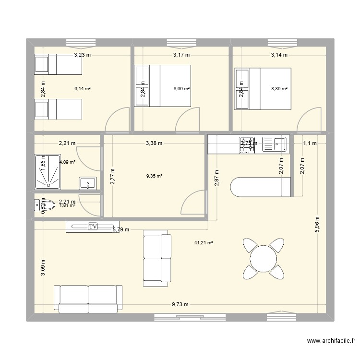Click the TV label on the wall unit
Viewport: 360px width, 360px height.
click(x=92, y=227)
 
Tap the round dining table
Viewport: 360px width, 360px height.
click(x=263, y=259)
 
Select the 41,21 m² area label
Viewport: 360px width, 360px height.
click(x=204, y=243)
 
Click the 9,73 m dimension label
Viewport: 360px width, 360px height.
click(x=180, y=304)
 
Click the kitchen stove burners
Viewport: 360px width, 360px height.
click(x=247, y=144)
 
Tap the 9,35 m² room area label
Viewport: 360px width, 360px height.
click(x=155, y=176)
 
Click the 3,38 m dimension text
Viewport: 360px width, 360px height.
click(x=154, y=143)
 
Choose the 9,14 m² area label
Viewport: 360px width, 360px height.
click(x=83, y=88)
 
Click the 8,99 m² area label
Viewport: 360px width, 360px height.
click(x=181, y=88)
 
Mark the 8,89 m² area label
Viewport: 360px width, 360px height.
click(x=279, y=88)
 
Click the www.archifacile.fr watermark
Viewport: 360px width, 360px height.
click(x=330, y=341)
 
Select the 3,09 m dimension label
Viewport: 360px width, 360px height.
click(x=43, y=267)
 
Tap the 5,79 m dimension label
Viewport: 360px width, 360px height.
click(x=120, y=230)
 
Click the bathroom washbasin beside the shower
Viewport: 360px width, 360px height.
click(x=88, y=183)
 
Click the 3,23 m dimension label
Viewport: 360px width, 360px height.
click(x=82, y=55)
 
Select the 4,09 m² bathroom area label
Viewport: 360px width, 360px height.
click(x=67, y=162)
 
